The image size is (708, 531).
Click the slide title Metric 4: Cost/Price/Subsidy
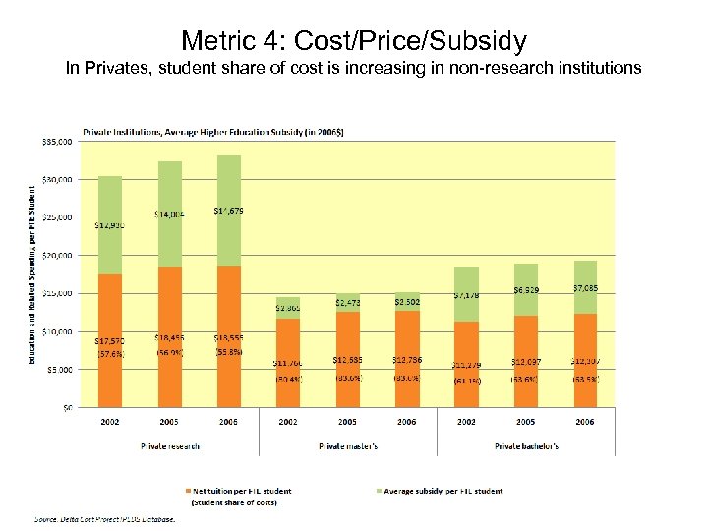(x=354, y=41)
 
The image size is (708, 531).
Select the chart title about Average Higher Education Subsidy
(x=212, y=131)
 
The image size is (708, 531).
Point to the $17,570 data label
(x=109, y=341)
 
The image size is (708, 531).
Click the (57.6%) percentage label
(x=109, y=354)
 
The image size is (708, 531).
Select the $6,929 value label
(x=527, y=290)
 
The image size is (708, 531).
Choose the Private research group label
(x=168, y=445)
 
